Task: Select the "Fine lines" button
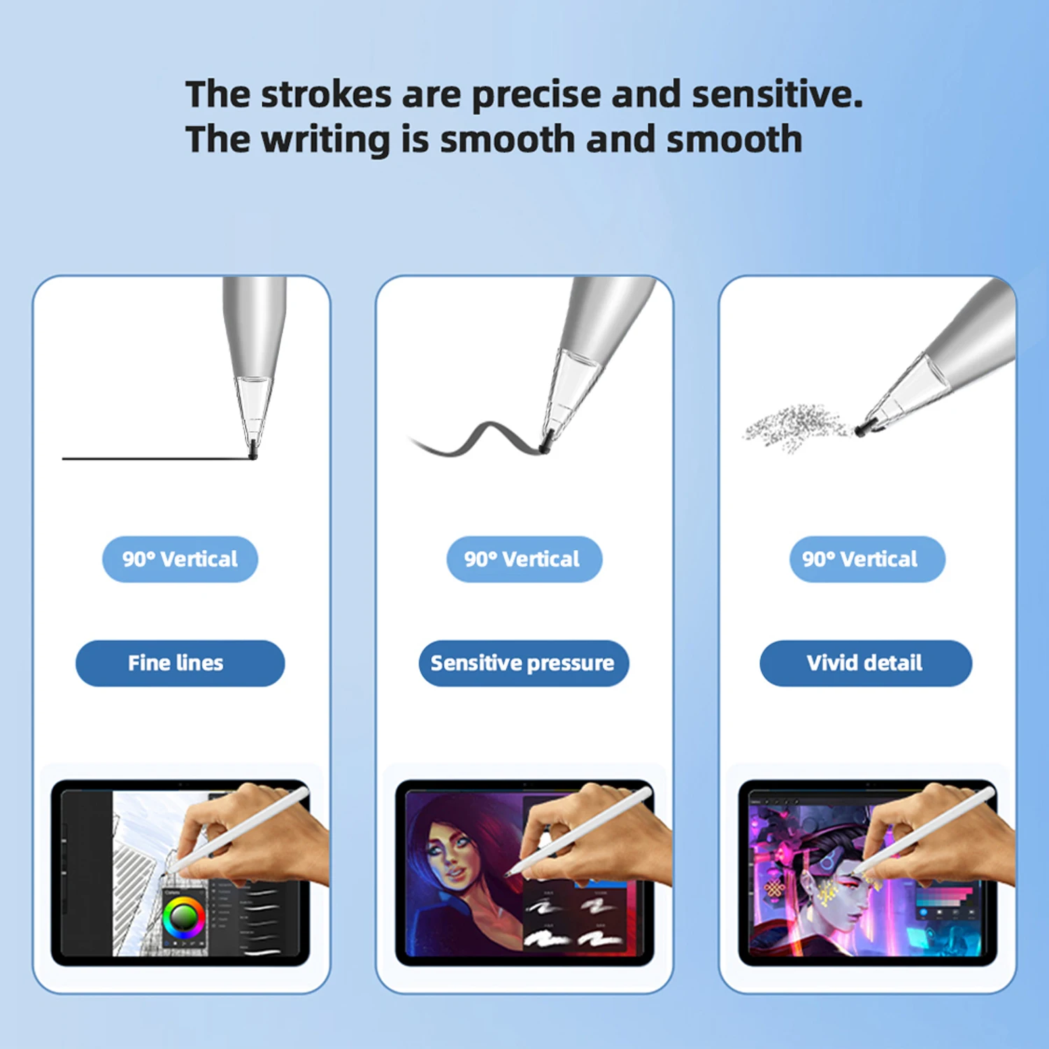[180, 663]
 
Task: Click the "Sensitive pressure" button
[524, 663]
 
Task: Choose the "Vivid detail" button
[866, 663]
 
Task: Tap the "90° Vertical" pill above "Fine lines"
[180, 559]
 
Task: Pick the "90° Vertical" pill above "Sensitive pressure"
[524, 559]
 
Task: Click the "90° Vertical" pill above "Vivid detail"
[867, 559]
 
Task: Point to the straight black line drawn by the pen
[157, 458]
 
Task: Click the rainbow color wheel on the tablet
[184, 917]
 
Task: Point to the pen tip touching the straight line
[253, 450]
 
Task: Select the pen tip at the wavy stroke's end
[545, 441]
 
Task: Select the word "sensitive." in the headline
[777, 95]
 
